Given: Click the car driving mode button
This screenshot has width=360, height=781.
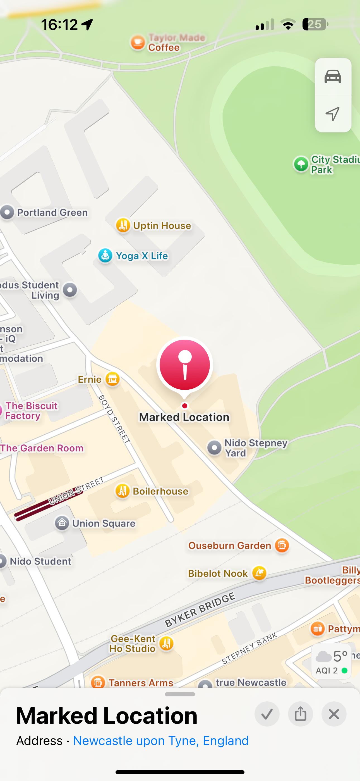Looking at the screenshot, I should (333, 77).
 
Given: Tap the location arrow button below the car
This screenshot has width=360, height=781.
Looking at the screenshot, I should (333, 114).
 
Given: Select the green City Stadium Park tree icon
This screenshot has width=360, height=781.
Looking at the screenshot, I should (301, 164).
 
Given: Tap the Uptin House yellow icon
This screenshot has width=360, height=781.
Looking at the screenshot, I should (123, 225).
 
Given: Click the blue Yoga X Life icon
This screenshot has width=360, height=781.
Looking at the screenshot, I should (105, 256).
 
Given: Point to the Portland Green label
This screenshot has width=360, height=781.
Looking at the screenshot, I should (52, 213).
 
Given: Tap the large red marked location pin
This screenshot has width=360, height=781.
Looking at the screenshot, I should (184, 365).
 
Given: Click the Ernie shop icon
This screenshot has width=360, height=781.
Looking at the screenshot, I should (112, 379).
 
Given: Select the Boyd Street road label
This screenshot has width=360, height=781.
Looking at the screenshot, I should (114, 419).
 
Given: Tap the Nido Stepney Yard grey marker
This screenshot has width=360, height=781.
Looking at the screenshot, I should (214, 447).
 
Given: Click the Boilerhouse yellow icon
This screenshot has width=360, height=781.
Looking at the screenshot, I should (123, 491).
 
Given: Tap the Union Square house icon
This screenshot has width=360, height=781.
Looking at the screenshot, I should (62, 523).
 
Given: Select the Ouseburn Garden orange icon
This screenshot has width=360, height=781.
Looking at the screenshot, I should (282, 546).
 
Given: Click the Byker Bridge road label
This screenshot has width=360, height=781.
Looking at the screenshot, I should (200, 610).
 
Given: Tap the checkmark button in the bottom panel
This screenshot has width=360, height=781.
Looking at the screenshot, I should (267, 714).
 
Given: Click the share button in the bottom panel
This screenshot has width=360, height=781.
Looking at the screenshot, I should (300, 714).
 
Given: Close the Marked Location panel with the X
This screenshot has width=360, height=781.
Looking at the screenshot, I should (334, 714).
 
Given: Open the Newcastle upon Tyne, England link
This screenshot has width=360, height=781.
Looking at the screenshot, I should (161, 741).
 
